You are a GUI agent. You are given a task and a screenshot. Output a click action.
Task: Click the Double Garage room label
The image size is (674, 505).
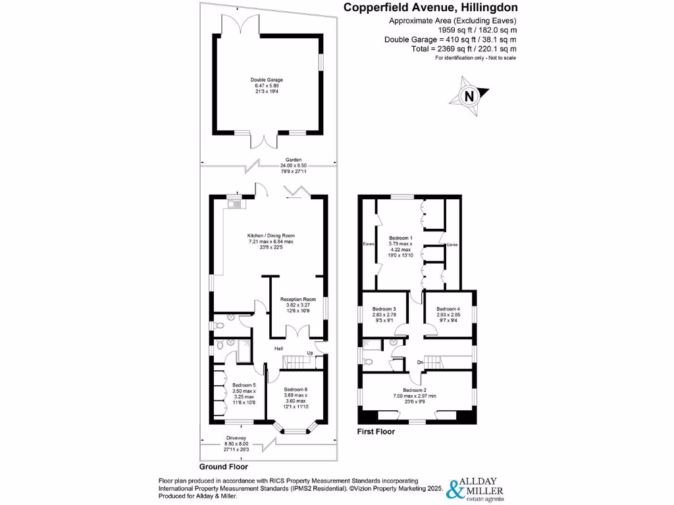tap(267, 80)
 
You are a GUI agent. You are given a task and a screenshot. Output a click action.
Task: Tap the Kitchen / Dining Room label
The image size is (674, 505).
tap(271, 235)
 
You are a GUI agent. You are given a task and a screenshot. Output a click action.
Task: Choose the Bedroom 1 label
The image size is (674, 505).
tap(402, 237)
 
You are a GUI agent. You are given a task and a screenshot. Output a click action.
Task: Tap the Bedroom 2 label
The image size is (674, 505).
tap(416, 390)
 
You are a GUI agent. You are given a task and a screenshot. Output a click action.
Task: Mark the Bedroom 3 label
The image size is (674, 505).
tap(384, 309)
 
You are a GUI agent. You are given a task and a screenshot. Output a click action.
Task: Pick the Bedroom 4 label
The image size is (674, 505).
tap(448, 309)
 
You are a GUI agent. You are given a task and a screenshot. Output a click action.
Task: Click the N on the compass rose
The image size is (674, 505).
tap(469, 96)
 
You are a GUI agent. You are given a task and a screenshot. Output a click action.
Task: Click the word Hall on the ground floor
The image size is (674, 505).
tap(278, 349)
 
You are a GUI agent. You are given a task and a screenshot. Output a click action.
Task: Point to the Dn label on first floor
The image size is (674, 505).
tap(419, 362)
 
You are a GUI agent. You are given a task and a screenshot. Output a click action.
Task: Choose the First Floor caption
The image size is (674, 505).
tap(376, 431)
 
